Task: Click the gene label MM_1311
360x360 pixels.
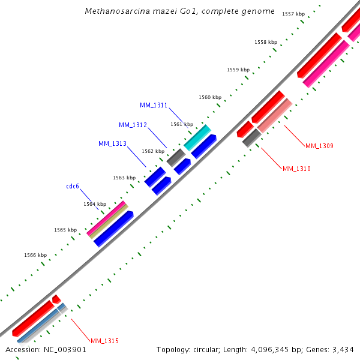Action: point(154,105)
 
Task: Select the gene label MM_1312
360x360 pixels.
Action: point(133,125)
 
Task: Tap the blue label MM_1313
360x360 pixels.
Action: point(112,143)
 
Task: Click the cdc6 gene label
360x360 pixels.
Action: point(73,186)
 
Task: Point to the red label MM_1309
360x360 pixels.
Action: point(319,146)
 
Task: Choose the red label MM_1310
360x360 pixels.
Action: point(296,169)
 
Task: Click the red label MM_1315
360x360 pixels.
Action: point(104,341)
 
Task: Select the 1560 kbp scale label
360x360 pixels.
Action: point(210,97)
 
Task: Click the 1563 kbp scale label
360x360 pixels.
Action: point(124,178)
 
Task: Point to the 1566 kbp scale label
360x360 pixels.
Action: point(35,255)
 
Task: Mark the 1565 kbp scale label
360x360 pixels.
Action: point(65,230)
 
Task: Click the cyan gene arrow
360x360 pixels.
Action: point(197,137)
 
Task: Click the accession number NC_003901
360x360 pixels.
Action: point(64,349)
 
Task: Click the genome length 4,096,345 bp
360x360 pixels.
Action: point(269,349)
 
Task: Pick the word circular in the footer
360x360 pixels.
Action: point(202,349)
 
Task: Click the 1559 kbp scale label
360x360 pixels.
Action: point(238,70)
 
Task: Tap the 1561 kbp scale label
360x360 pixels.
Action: point(182,124)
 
